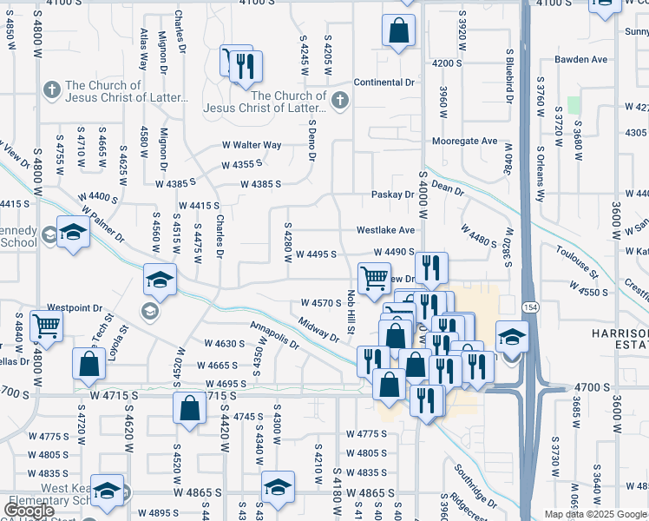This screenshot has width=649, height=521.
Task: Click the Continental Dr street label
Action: pos(384,82)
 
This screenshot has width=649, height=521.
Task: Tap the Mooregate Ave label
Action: pos(465,141)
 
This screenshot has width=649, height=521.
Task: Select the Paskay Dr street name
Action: pos(393,195)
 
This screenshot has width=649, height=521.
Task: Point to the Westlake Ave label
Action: pos(385,231)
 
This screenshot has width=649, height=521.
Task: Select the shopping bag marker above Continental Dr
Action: pos(398,32)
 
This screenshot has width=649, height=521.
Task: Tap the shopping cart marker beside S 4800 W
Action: pos(47,326)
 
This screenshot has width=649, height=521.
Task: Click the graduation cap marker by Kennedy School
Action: pos(74,233)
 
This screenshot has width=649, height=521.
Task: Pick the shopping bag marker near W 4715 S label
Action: pos(189,408)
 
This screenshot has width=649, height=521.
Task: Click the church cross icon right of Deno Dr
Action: pos(339,102)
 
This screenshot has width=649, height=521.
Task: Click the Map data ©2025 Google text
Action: pos(595,514)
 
